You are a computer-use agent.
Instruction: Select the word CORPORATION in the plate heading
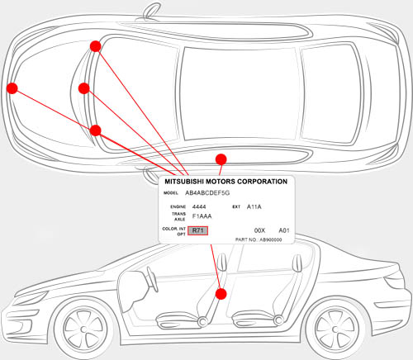[260, 180]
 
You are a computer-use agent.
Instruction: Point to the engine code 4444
[199, 206]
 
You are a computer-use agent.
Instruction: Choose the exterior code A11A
[254, 206]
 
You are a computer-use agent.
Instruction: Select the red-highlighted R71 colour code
[198, 231]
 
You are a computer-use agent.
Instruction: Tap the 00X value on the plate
[259, 231]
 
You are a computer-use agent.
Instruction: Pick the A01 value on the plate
[283, 231]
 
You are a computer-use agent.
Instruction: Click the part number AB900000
[269, 239]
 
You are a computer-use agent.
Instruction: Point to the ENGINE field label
[178, 206]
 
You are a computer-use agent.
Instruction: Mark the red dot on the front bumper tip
[12, 88]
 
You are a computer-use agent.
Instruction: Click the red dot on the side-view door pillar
[221, 293]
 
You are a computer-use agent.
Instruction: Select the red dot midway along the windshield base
[83, 88]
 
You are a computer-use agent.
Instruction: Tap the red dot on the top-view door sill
[221, 159]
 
